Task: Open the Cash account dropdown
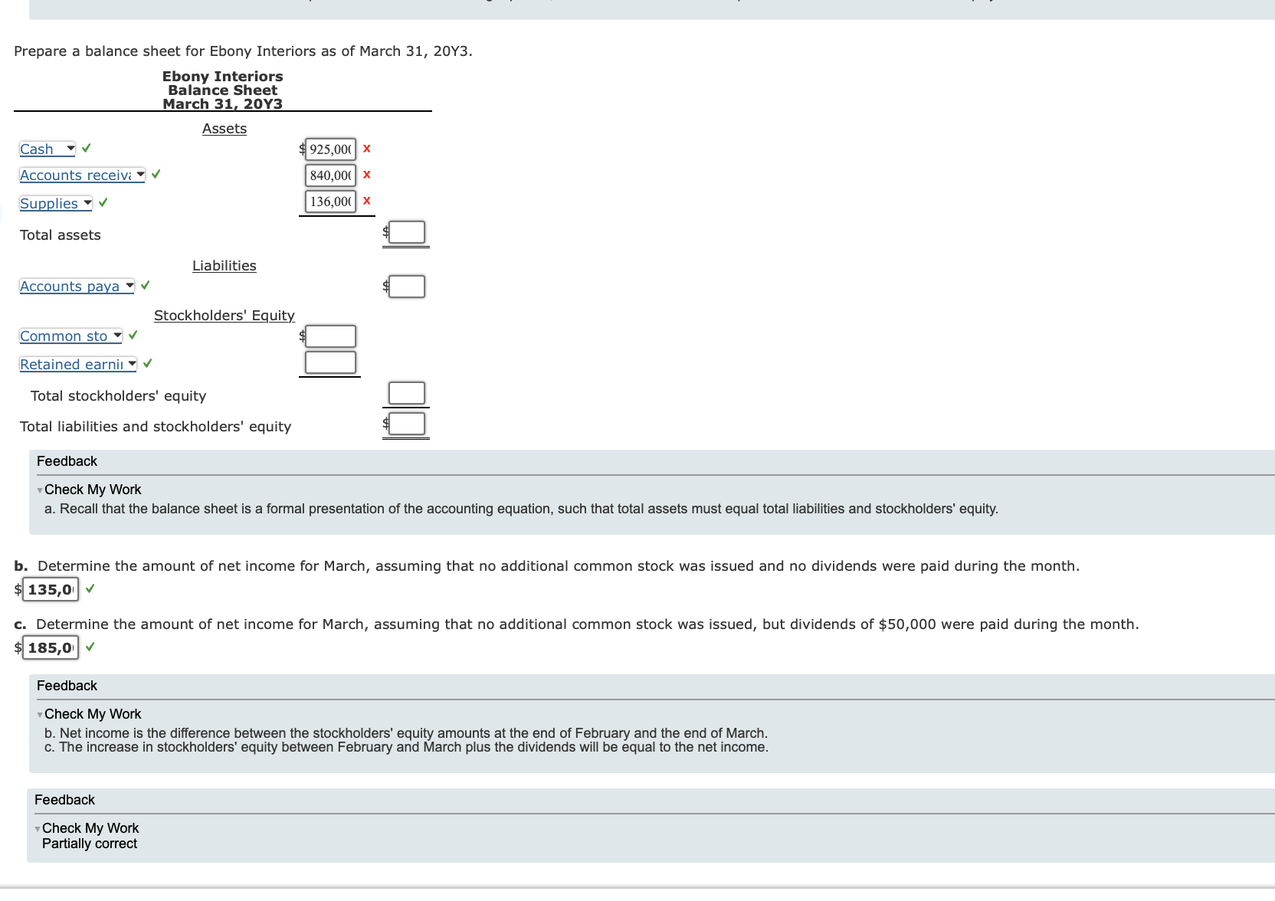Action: (48, 149)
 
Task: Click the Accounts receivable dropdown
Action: (82, 175)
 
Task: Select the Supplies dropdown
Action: (56, 204)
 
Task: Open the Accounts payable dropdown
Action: (77, 287)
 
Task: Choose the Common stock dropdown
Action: (70, 336)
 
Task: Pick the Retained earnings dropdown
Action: (78, 365)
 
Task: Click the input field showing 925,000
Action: (330, 149)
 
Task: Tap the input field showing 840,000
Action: (330, 175)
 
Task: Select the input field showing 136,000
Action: (330, 201)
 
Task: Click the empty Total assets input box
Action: (407, 232)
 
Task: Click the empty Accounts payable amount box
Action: (407, 287)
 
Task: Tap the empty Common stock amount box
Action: (330, 336)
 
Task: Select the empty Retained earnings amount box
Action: (330, 362)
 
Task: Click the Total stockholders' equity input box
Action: (407, 393)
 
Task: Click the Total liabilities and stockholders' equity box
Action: (407, 424)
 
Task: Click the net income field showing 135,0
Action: (51, 590)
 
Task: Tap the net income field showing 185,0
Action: (51, 648)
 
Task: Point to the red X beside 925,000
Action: (367, 149)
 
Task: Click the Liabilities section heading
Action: (225, 266)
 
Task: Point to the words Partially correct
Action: (90, 844)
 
